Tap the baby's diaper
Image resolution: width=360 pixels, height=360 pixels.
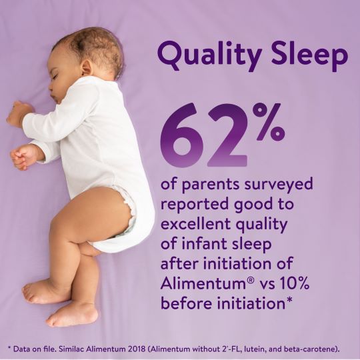(x=133, y=213)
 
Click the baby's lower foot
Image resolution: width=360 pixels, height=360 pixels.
(x=71, y=313)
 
